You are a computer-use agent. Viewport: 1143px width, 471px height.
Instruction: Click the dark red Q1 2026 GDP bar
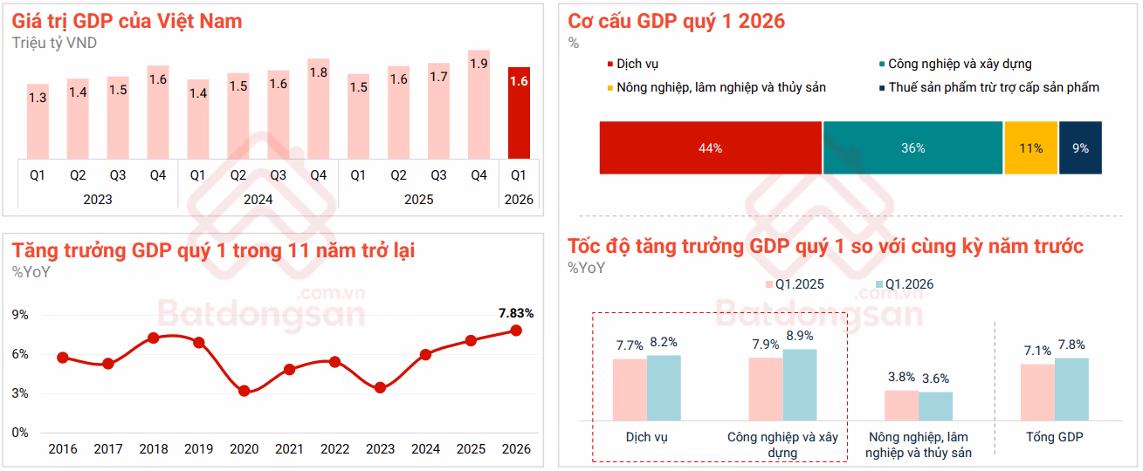(519, 113)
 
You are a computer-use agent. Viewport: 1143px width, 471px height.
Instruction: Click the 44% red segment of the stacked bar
(710, 148)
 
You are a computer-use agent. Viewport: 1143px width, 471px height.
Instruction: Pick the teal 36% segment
(912, 148)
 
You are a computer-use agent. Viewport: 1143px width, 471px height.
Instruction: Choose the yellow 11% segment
(1030, 148)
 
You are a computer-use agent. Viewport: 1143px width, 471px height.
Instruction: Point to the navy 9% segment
(1080, 148)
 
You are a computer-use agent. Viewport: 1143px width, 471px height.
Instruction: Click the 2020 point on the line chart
(244, 391)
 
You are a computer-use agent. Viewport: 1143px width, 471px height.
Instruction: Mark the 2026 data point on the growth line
(516, 330)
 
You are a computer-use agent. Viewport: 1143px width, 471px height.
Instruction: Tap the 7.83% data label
(515, 313)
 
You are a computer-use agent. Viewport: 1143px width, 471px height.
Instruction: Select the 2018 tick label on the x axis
(154, 450)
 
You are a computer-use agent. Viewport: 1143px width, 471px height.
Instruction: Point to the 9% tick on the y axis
(20, 315)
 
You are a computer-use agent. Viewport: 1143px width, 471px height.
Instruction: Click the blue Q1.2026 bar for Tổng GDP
(1071, 389)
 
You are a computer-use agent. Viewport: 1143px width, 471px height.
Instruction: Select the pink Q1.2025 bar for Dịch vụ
(630, 390)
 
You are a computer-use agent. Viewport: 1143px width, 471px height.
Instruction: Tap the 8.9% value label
(799, 336)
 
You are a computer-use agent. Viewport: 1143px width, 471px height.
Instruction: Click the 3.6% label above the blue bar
(935, 379)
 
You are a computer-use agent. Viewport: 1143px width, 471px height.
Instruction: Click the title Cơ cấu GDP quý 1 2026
(676, 22)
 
